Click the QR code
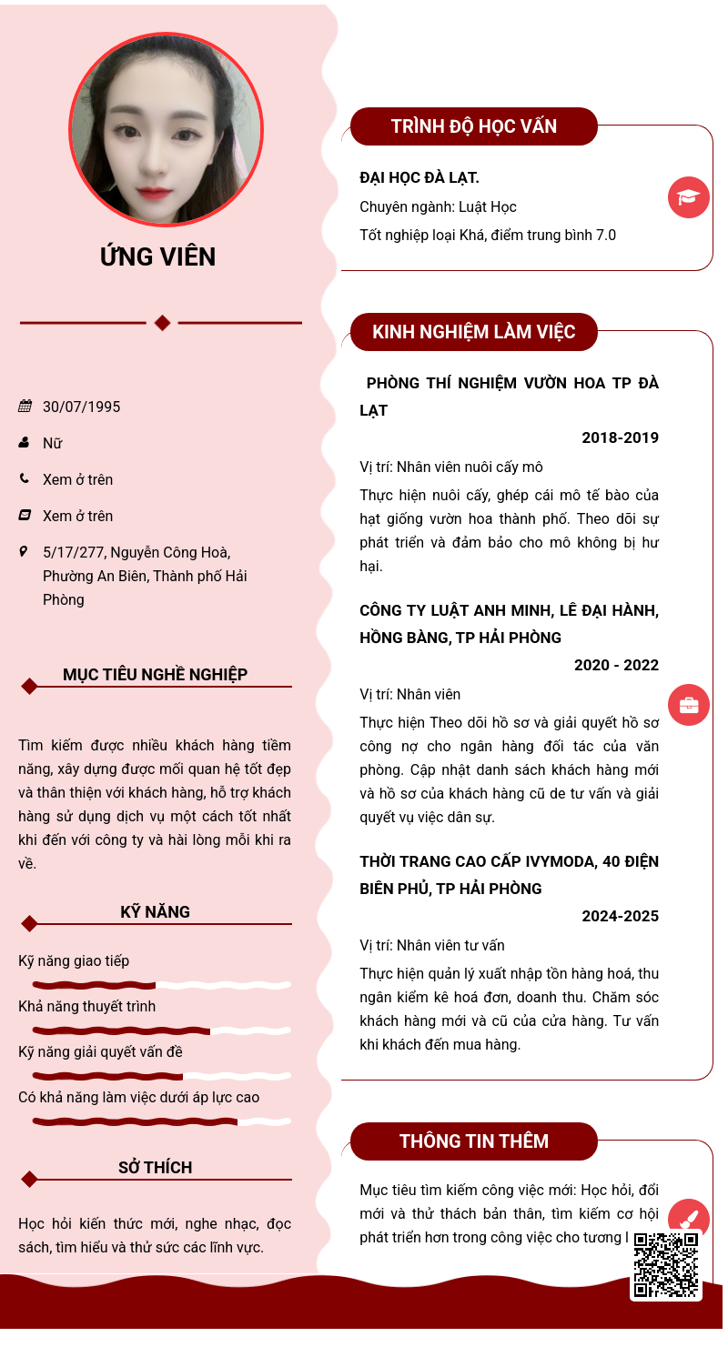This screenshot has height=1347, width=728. tap(666, 1264)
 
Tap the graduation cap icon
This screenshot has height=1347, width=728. tap(689, 197)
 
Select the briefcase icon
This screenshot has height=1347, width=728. tap(689, 705)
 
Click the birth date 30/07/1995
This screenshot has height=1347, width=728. tap(82, 407)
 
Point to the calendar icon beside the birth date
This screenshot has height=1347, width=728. tap(25, 407)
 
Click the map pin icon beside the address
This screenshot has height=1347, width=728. tap(24, 552)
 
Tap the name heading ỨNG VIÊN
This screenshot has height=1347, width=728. tap(157, 257)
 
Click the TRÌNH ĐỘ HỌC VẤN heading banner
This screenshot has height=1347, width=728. tap(473, 126)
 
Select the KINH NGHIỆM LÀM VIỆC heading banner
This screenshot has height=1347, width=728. tap(473, 332)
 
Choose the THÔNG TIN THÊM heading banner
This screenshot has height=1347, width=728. tap(473, 1141)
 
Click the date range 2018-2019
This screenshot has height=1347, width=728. tap(620, 437)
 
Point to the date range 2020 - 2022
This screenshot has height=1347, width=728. tap(616, 665)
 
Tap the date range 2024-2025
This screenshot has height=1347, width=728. tap(620, 916)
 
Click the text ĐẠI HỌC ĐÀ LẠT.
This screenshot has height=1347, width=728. tap(420, 177)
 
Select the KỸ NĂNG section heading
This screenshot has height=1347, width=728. tap(155, 912)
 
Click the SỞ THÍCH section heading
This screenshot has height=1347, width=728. tap(155, 1168)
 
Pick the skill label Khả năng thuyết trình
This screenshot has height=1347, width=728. tap(86, 1006)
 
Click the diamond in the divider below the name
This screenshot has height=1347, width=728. tap(162, 323)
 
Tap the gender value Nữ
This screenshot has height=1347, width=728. tap(52, 443)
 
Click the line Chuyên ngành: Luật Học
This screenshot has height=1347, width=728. tap(438, 206)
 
